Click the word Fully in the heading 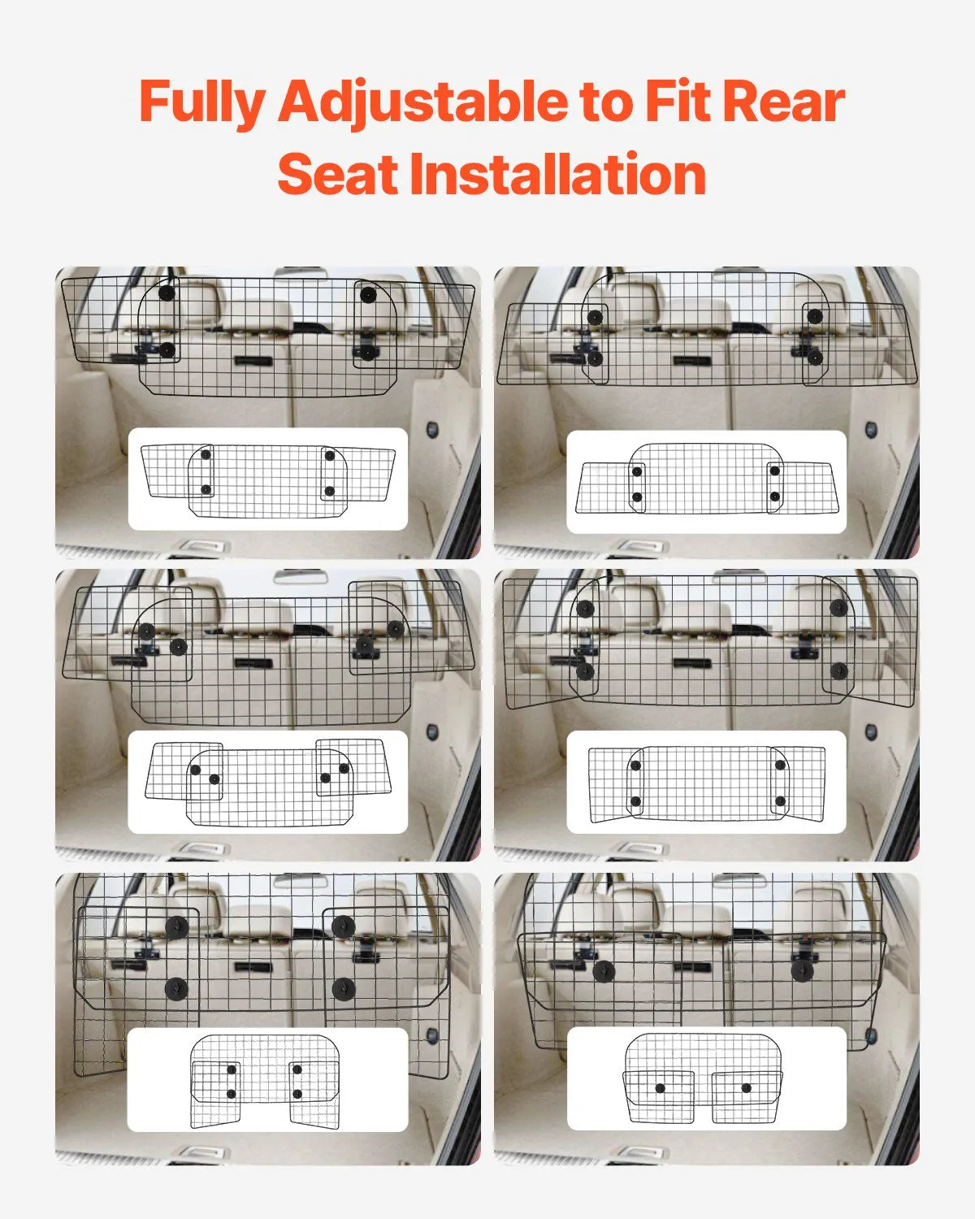202,103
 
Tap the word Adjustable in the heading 423,103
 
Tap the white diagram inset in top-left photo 268,479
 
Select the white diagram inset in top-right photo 706,482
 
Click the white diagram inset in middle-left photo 268,782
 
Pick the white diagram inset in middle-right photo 706,782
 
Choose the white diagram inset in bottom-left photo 268,1080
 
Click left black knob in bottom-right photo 603,971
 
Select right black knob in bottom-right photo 802,971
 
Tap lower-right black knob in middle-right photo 839,671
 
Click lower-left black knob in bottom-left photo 176,989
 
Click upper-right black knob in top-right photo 815,316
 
